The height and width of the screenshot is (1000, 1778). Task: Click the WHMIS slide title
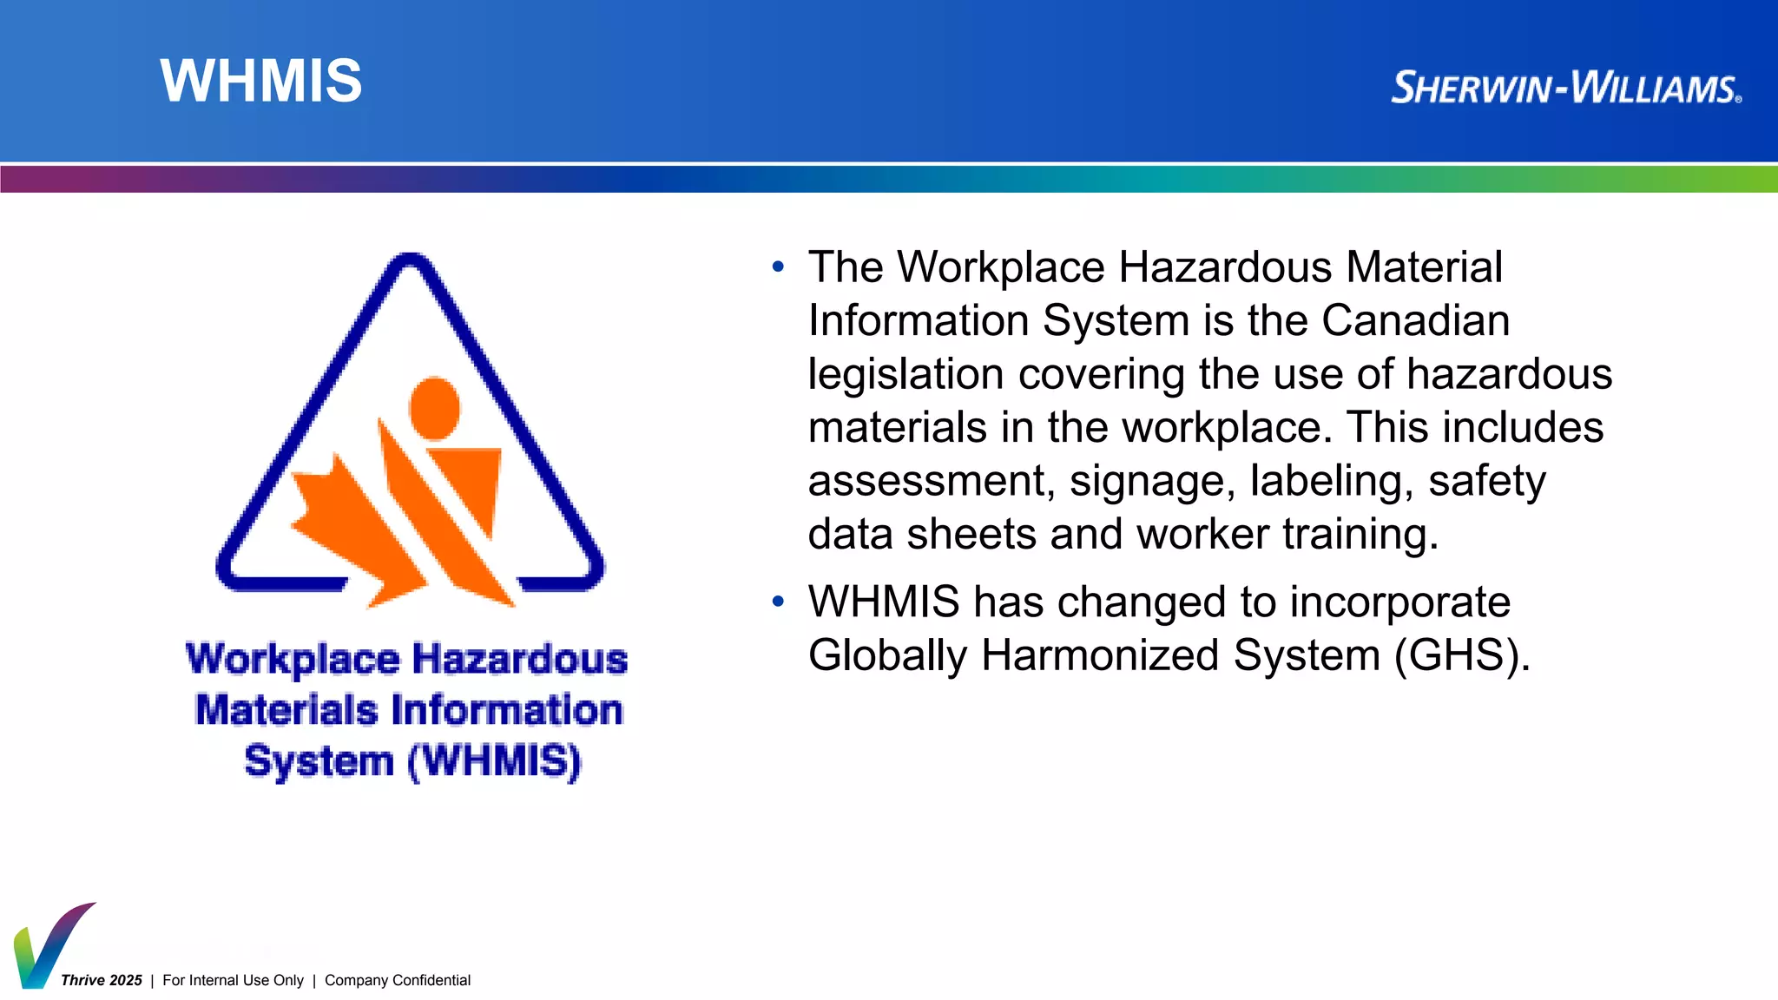coord(260,81)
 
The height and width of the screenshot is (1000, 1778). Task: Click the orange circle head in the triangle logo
coord(434,408)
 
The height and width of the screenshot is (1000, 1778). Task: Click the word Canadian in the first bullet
coord(1415,320)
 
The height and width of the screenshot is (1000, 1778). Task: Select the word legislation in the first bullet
coord(905,374)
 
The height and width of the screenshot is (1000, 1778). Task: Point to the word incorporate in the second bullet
coord(1399,602)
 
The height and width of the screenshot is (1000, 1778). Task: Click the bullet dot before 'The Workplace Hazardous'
coord(778,266)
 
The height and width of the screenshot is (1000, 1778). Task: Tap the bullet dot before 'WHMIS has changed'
coord(778,601)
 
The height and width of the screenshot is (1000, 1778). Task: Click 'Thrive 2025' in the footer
coord(102,980)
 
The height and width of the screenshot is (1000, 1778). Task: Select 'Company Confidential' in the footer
coord(398,980)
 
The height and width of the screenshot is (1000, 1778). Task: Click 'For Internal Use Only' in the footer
coord(233,980)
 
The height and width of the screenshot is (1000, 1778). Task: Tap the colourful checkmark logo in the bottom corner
coord(48,945)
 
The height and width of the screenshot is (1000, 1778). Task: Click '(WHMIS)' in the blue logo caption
coord(494,761)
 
